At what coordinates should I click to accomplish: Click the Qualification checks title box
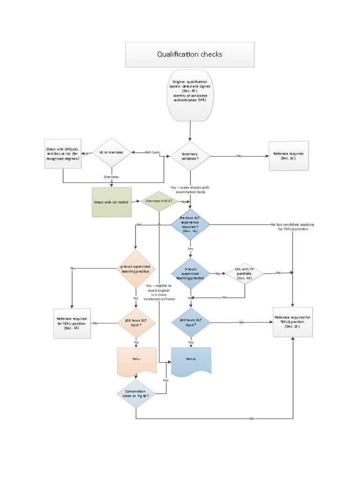tap(189, 54)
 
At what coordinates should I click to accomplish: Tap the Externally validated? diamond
tap(190, 156)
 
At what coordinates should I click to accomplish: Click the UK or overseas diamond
tap(112, 153)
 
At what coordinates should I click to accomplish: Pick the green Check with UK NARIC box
tap(111, 202)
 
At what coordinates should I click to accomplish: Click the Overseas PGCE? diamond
tap(158, 201)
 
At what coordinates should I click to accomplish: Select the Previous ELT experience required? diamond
tap(190, 225)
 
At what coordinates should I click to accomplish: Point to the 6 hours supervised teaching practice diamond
tap(135, 269)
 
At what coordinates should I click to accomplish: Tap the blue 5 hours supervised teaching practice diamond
tap(190, 273)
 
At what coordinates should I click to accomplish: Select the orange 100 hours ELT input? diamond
tap(135, 322)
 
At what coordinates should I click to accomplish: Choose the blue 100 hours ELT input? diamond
tap(190, 322)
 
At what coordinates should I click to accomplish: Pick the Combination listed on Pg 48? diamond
tap(135, 393)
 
